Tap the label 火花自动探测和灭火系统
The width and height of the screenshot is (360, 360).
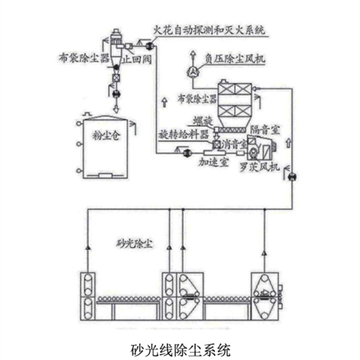click(210, 30)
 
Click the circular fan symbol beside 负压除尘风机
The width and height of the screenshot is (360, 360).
click(191, 69)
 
